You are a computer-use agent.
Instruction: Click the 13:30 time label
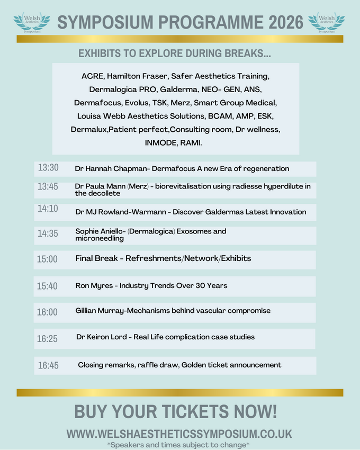(x=48, y=168)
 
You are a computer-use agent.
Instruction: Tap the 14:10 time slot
(x=48, y=209)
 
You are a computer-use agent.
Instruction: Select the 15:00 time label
(x=47, y=259)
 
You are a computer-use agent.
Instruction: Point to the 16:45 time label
(x=48, y=365)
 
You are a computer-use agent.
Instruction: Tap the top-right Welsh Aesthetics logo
(x=327, y=22)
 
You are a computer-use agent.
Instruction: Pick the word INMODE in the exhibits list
(x=161, y=143)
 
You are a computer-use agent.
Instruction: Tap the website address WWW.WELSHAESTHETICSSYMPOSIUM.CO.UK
(x=179, y=434)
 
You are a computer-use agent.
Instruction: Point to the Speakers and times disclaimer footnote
(x=179, y=445)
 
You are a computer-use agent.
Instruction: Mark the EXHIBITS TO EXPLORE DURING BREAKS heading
(x=175, y=53)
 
